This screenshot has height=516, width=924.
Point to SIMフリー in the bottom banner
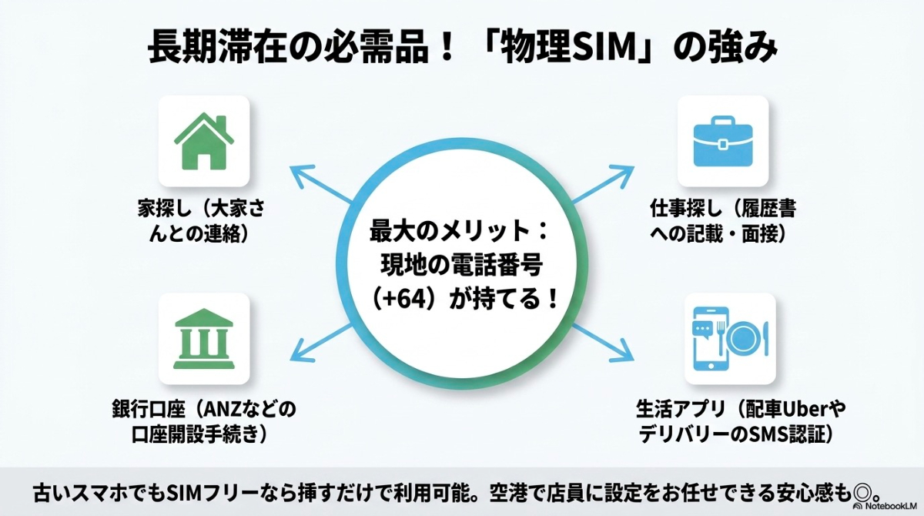199,489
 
